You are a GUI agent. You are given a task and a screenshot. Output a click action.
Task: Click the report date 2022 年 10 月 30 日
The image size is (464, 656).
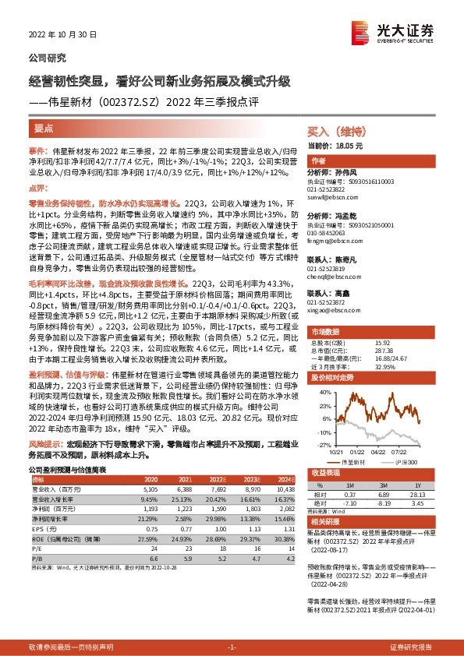tap(62, 35)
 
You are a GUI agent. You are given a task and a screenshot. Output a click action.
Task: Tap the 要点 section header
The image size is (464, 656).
tap(44, 127)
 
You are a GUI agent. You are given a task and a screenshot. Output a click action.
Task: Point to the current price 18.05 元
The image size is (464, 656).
tap(345, 146)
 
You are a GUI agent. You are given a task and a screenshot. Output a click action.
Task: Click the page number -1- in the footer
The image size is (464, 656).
tap(232, 647)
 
